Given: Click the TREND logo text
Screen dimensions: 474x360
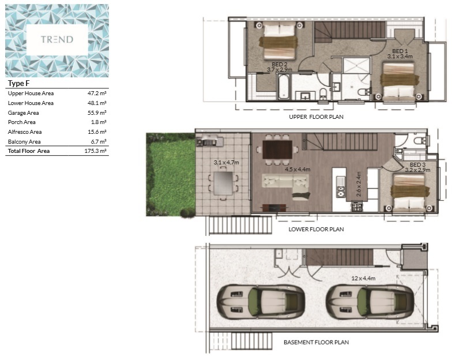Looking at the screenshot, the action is pos(57,39).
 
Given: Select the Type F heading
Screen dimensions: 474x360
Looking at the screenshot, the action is pos(19,83).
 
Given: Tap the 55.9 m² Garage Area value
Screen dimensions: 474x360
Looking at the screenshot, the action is pos(97,112).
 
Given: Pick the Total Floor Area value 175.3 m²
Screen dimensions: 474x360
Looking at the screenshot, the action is pos(96,151).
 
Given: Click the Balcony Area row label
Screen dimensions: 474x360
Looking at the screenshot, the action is pos(24,141).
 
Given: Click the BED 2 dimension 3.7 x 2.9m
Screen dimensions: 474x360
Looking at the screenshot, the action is pos(279,70).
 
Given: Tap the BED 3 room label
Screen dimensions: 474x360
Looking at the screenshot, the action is pos(417,164).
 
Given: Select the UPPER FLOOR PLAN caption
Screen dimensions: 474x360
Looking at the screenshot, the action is pos(316,117).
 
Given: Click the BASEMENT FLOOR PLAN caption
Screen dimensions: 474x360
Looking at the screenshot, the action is pos(316,343).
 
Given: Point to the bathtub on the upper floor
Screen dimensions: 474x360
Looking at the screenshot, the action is pos(284,87).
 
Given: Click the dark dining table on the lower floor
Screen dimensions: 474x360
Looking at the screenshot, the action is pos(277,149).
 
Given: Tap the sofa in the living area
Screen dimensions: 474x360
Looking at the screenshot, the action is pos(285,185).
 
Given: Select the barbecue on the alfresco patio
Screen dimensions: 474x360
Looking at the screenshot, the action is pos(210,141).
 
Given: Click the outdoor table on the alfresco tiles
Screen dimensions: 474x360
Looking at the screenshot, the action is pos(223,183).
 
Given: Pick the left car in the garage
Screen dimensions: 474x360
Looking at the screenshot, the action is pos(261,302).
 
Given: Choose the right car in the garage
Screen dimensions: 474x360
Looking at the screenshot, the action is pos(370,302).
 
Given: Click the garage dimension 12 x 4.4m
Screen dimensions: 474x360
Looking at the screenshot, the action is pos(363,278).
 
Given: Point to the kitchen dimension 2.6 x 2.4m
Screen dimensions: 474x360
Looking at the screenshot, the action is pos(359,184).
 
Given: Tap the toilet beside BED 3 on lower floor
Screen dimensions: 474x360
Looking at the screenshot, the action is pos(420,141).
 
